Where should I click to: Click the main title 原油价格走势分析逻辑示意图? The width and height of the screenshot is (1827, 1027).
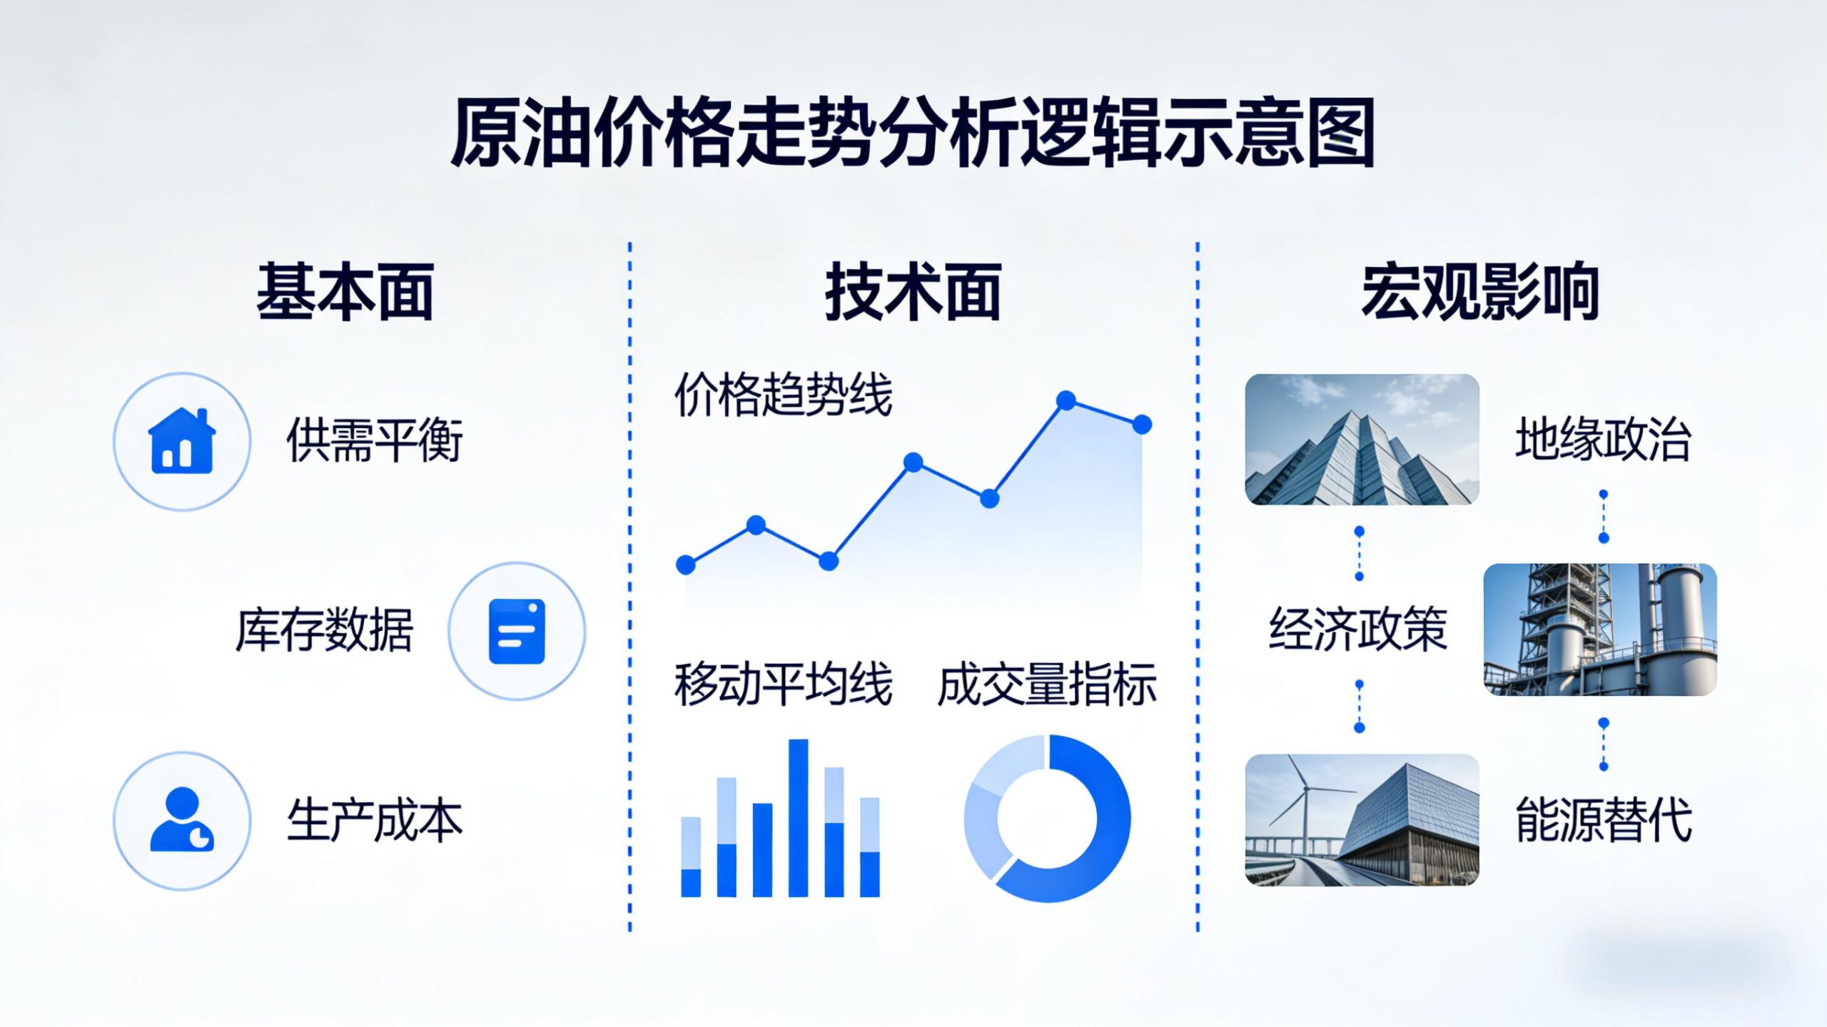(913, 134)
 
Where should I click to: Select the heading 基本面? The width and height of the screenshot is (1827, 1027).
(345, 292)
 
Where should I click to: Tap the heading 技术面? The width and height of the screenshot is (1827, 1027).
(913, 292)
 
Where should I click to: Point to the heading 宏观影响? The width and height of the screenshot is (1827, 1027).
(1480, 292)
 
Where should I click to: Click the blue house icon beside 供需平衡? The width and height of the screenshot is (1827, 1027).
(181, 441)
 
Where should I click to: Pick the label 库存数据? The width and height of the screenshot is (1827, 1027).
(325, 631)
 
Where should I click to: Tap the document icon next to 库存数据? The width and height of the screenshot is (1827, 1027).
(517, 631)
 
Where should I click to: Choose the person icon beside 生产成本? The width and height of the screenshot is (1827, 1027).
(181, 821)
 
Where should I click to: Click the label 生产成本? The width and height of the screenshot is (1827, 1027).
(375, 821)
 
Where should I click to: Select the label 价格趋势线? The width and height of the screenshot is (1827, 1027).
(783, 395)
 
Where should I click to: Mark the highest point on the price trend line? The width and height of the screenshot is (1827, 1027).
(1066, 400)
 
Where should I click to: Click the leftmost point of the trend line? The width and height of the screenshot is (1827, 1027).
(686, 565)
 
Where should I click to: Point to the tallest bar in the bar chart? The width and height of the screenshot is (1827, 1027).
(798, 817)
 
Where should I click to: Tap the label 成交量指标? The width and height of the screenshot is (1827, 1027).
(1046, 685)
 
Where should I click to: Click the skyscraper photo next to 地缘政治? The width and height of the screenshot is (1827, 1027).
(1362, 440)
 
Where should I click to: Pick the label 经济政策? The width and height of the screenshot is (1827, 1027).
(1358, 629)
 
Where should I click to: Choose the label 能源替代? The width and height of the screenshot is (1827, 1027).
(1603, 821)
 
